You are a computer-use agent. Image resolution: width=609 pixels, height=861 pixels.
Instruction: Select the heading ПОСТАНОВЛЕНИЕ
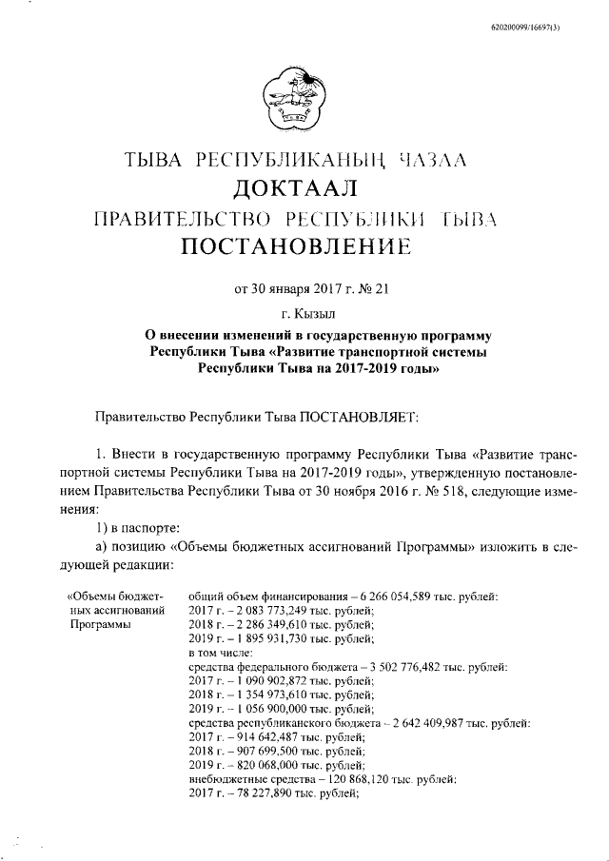[304, 248]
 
